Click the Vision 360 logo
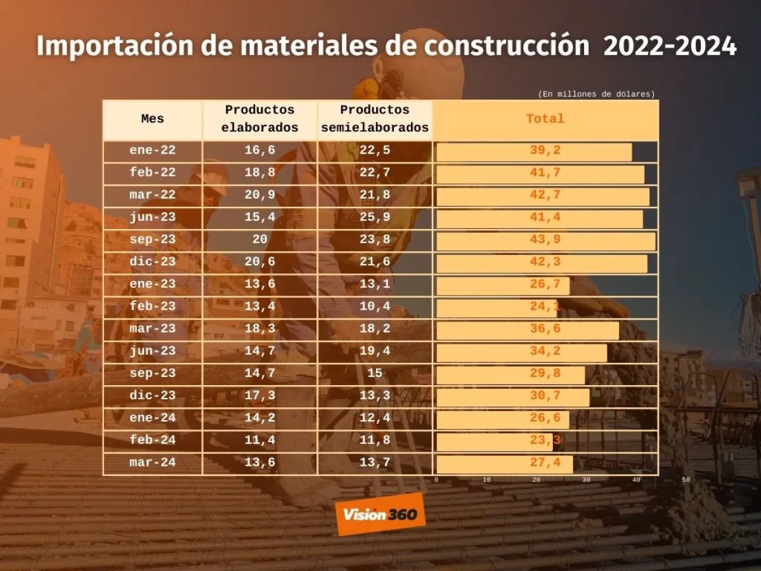[380, 514]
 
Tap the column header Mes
[152, 119]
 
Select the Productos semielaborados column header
[375, 119]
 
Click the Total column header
[545, 119]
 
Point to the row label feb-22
[152, 173]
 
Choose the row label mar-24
[152, 463]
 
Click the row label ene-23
[152, 284]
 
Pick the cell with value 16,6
[260, 151]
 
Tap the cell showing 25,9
[375, 218]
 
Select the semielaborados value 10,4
[375, 306]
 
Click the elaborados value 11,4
[260, 440]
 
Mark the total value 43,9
[545, 240]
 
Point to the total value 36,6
[545, 329]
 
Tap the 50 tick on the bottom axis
[686, 480]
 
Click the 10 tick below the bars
[486, 480]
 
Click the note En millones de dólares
[596, 94]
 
